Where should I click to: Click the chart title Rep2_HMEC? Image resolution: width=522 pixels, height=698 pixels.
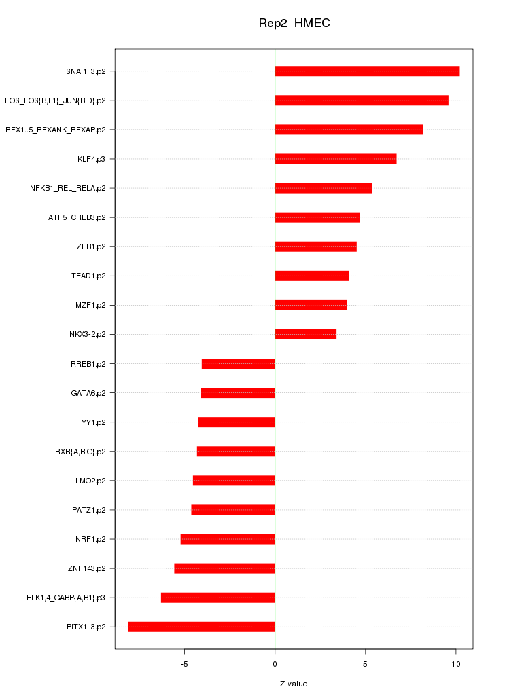tap(294, 23)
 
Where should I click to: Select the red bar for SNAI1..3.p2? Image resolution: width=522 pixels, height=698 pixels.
tap(367, 71)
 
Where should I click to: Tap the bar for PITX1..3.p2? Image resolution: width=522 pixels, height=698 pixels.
tap(201, 627)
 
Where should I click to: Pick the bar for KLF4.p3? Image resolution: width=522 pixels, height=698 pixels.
tap(335, 159)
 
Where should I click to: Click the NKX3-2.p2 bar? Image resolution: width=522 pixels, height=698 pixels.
tap(305, 334)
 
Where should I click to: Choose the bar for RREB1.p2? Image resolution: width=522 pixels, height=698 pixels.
tap(238, 364)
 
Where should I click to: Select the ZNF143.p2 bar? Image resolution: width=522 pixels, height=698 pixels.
tap(224, 568)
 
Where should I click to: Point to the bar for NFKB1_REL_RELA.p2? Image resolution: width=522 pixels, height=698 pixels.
tap(324, 188)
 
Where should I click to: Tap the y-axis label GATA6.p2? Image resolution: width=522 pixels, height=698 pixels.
tap(88, 393)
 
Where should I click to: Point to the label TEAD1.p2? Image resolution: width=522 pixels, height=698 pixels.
tap(88, 276)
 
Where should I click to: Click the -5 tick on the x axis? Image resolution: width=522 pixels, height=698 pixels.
tap(184, 663)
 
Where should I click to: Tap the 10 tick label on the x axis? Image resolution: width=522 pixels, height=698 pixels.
tap(455, 663)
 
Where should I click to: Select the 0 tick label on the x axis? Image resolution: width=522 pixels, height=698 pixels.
tap(275, 663)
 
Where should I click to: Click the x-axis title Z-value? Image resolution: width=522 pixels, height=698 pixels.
tap(294, 684)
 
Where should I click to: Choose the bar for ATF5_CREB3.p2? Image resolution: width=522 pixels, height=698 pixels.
tap(317, 217)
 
